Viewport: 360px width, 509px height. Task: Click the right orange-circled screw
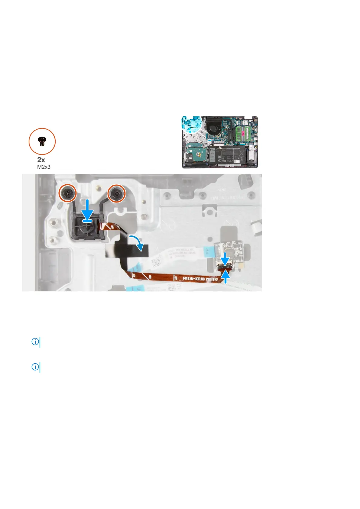click(117, 193)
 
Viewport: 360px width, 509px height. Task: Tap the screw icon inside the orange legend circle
click(42, 141)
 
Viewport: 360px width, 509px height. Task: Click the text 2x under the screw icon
click(41, 160)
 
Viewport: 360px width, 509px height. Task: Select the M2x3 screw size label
click(44, 167)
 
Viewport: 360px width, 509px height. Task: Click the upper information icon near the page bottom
click(35, 342)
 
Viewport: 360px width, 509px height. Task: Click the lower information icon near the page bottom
click(35, 367)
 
